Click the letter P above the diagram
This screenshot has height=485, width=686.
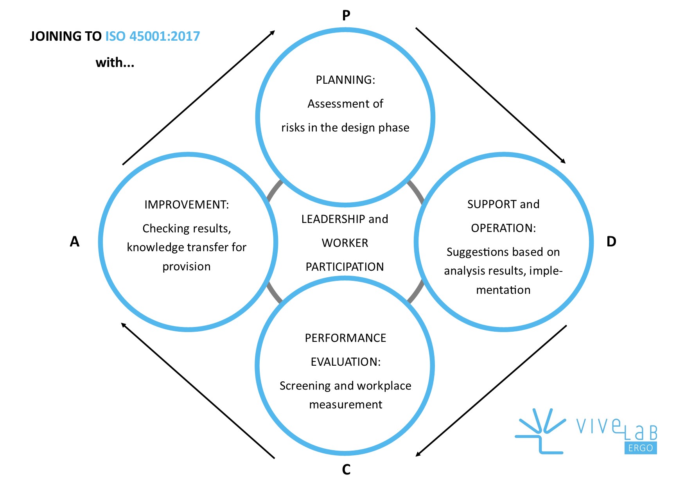(346, 16)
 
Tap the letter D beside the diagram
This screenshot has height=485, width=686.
(611, 242)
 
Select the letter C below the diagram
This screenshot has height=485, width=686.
(346, 469)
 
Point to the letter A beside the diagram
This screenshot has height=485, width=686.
(75, 242)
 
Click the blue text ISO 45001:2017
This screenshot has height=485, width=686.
(153, 36)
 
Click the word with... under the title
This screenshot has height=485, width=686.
(115, 63)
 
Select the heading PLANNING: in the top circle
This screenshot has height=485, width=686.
(345, 80)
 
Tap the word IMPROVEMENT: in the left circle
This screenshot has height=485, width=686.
(187, 205)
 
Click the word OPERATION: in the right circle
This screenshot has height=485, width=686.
(503, 228)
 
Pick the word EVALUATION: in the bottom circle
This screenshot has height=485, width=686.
(345, 362)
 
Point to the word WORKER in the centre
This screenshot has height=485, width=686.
(345, 243)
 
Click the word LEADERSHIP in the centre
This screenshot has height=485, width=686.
(333, 219)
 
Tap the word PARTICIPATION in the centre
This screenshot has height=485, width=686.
(345, 267)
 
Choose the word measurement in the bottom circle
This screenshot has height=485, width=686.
(345, 404)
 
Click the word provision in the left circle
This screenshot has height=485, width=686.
(187, 266)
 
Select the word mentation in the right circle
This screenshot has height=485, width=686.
(503, 290)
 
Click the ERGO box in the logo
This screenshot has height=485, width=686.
(641, 448)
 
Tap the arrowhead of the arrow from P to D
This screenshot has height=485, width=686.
(564, 162)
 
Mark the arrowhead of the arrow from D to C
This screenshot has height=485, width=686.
(418, 454)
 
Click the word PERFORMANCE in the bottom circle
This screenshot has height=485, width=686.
(345, 338)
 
